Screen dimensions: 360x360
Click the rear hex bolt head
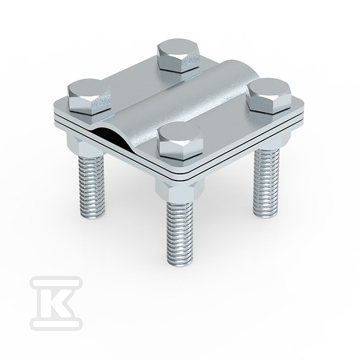(178, 56)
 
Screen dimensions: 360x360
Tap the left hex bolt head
(90, 97)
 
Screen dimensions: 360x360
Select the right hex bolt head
(270, 96)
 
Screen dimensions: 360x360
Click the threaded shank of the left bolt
(91, 186)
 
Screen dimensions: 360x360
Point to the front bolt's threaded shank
(179, 232)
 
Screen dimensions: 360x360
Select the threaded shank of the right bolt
(266, 181)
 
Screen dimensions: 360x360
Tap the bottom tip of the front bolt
(180, 265)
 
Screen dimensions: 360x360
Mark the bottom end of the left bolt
(92, 217)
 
